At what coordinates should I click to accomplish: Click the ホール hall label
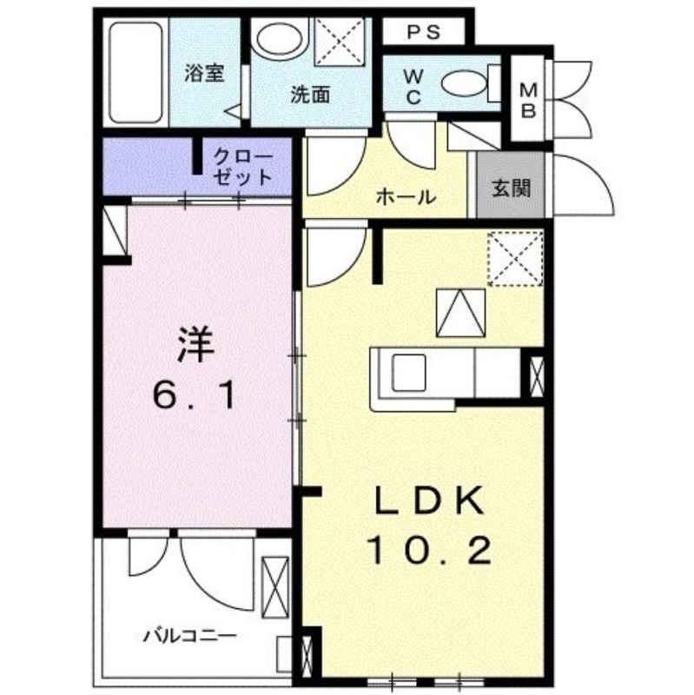click(x=406, y=197)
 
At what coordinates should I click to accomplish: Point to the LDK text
click(x=429, y=501)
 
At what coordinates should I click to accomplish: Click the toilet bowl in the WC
click(x=465, y=84)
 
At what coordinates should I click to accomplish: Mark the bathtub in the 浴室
click(x=137, y=73)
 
